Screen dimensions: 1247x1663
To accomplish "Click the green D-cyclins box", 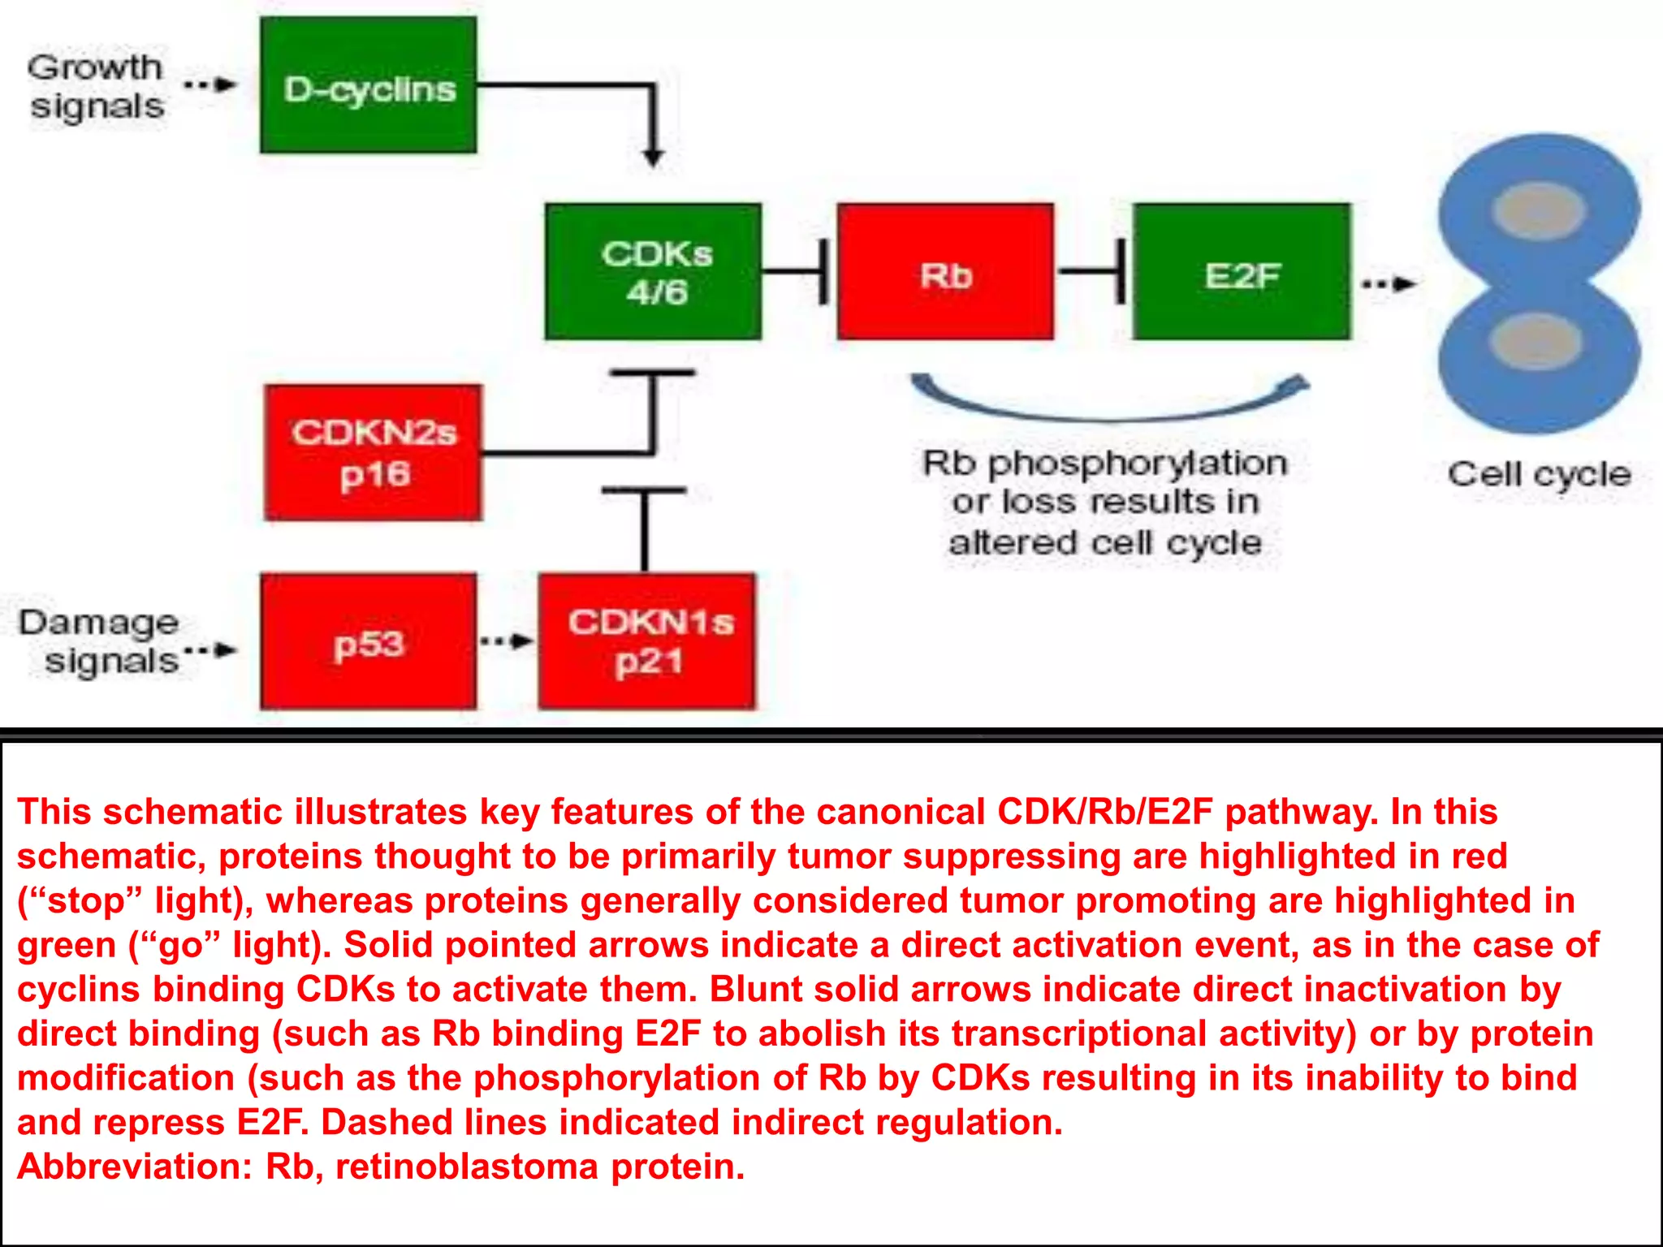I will (369, 85).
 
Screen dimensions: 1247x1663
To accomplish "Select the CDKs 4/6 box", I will (654, 272).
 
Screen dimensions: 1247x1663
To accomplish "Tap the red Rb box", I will (946, 272).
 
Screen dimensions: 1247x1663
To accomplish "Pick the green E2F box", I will (1242, 272).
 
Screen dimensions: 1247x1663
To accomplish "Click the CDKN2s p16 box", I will (374, 452).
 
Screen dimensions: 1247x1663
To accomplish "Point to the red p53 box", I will (369, 642).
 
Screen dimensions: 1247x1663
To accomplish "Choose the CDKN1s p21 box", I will (647, 642).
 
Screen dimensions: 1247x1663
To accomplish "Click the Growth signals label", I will (96, 87).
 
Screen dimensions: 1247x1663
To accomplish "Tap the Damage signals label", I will (99, 641).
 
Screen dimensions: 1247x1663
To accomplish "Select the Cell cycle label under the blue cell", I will (1539, 474).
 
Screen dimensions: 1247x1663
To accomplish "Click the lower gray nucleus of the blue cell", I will (1536, 341).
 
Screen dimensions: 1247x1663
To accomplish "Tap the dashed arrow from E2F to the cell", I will (1389, 284).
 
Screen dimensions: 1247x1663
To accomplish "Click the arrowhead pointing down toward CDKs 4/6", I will (654, 157).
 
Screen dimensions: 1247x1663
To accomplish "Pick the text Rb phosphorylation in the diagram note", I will (1105, 464).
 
